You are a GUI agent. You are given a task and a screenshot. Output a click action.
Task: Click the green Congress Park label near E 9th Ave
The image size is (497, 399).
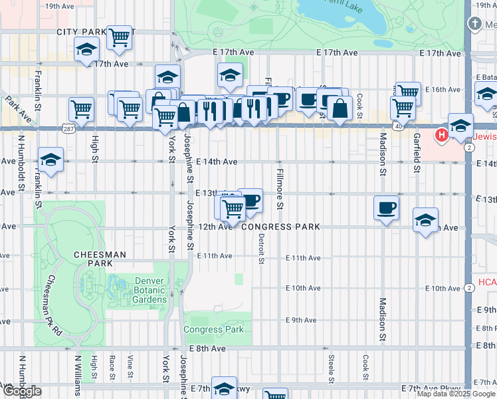pyautogui.click(x=213, y=329)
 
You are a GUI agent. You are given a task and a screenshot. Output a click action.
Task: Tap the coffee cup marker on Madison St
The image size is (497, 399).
pyautogui.click(x=386, y=209)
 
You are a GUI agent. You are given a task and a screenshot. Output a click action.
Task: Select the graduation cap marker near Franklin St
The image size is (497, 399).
pyautogui.click(x=50, y=160)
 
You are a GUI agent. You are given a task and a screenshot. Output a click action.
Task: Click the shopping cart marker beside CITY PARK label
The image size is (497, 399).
pyautogui.click(x=119, y=39)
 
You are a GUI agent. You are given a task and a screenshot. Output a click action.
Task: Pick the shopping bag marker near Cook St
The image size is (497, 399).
pyautogui.click(x=340, y=109)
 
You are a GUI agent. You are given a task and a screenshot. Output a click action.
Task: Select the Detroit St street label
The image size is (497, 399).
pyautogui.click(x=261, y=247)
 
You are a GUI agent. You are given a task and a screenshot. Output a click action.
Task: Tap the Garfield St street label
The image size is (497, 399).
pyautogui.click(x=417, y=152)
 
